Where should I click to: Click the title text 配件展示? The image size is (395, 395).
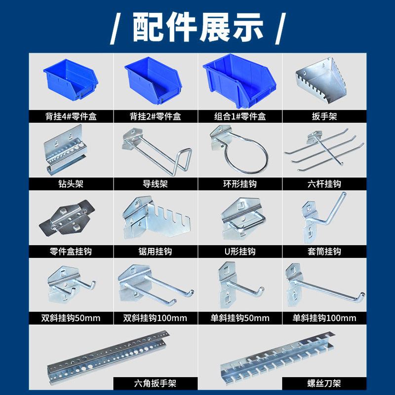coord(198,27)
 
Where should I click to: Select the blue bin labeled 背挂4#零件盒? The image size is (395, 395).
coord(71,80)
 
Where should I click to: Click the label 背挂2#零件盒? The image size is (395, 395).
coord(156,117)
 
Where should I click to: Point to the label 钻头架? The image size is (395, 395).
coord(71,184)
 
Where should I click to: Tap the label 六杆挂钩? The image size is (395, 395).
coord(324,184)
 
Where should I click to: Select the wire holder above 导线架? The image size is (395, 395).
coord(157,152)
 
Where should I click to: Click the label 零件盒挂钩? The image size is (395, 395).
coord(71,251)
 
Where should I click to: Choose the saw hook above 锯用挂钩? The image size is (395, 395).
coord(156,217)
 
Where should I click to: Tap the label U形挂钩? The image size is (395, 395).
coord(240,251)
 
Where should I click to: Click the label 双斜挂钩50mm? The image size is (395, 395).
coord(71,318)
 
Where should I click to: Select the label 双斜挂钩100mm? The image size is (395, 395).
coord(155,318)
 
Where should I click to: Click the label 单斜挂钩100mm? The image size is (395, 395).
coord(324,318)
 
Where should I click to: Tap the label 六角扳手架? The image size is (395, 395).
coord(155,384)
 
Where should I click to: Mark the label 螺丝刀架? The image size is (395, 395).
coord(324,384)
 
